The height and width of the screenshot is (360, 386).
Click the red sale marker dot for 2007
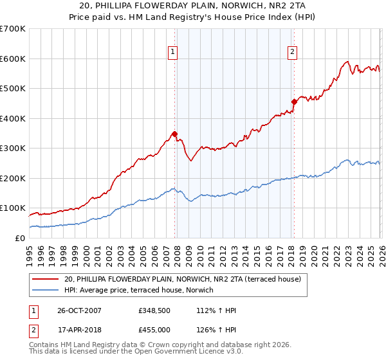[x=174, y=134]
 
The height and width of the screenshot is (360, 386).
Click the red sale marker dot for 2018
[x=293, y=102]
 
